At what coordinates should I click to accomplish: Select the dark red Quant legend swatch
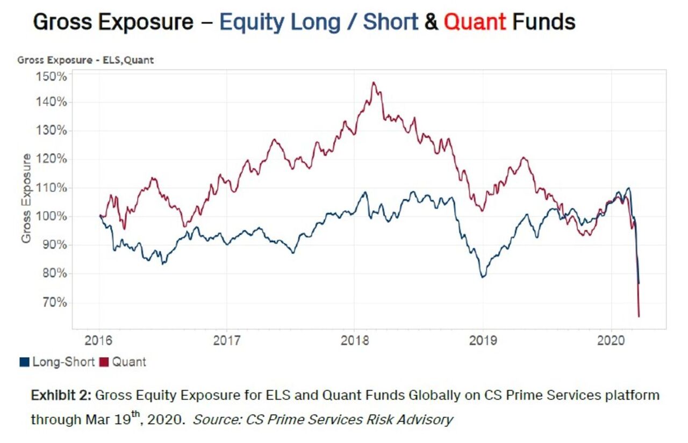[x=104, y=362]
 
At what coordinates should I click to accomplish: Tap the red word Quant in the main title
[x=475, y=22]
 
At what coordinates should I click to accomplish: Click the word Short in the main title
[x=390, y=22]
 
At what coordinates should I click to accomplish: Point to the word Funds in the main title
[x=543, y=22]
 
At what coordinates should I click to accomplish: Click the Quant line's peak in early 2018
[x=374, y=83]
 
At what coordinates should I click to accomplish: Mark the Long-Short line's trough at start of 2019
[x=483, y=277]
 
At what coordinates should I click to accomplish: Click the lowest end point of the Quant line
[x=639, y=316]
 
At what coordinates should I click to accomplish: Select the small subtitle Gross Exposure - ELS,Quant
[x=85, y=60]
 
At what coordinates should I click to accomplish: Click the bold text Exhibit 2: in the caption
[x=61, y=396]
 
